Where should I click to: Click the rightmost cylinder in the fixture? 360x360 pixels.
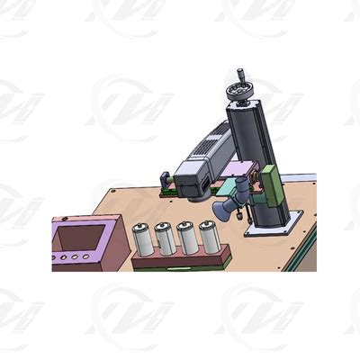coord(208,238)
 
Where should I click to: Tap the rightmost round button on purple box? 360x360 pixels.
coord(86,257)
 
